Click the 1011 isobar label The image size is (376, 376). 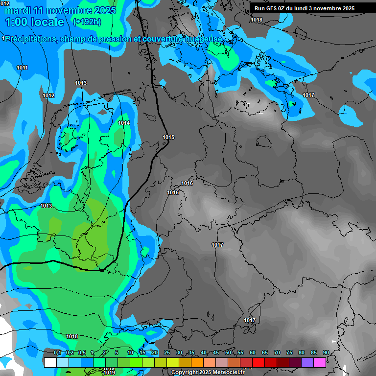[x=22, y=68]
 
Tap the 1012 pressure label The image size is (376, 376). [x=48, y=95]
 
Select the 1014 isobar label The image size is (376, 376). [x=124, y=123]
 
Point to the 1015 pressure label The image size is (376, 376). [x=168, y=137]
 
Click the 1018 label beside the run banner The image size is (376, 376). [x=257, y=20]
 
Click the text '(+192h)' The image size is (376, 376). [x=87, y=22]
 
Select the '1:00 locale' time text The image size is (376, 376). [x=34, y=22]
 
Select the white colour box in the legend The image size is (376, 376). [x=50, y=362]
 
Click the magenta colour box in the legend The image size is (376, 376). [x=320, y=362]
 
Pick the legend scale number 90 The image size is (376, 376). [x=326, y=353]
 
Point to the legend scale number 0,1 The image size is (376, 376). [x=57, y=353]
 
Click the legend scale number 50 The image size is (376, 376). [x=228, y=353]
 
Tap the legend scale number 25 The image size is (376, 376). [x=167, y=353]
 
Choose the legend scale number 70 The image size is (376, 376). [x=277, y=353]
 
